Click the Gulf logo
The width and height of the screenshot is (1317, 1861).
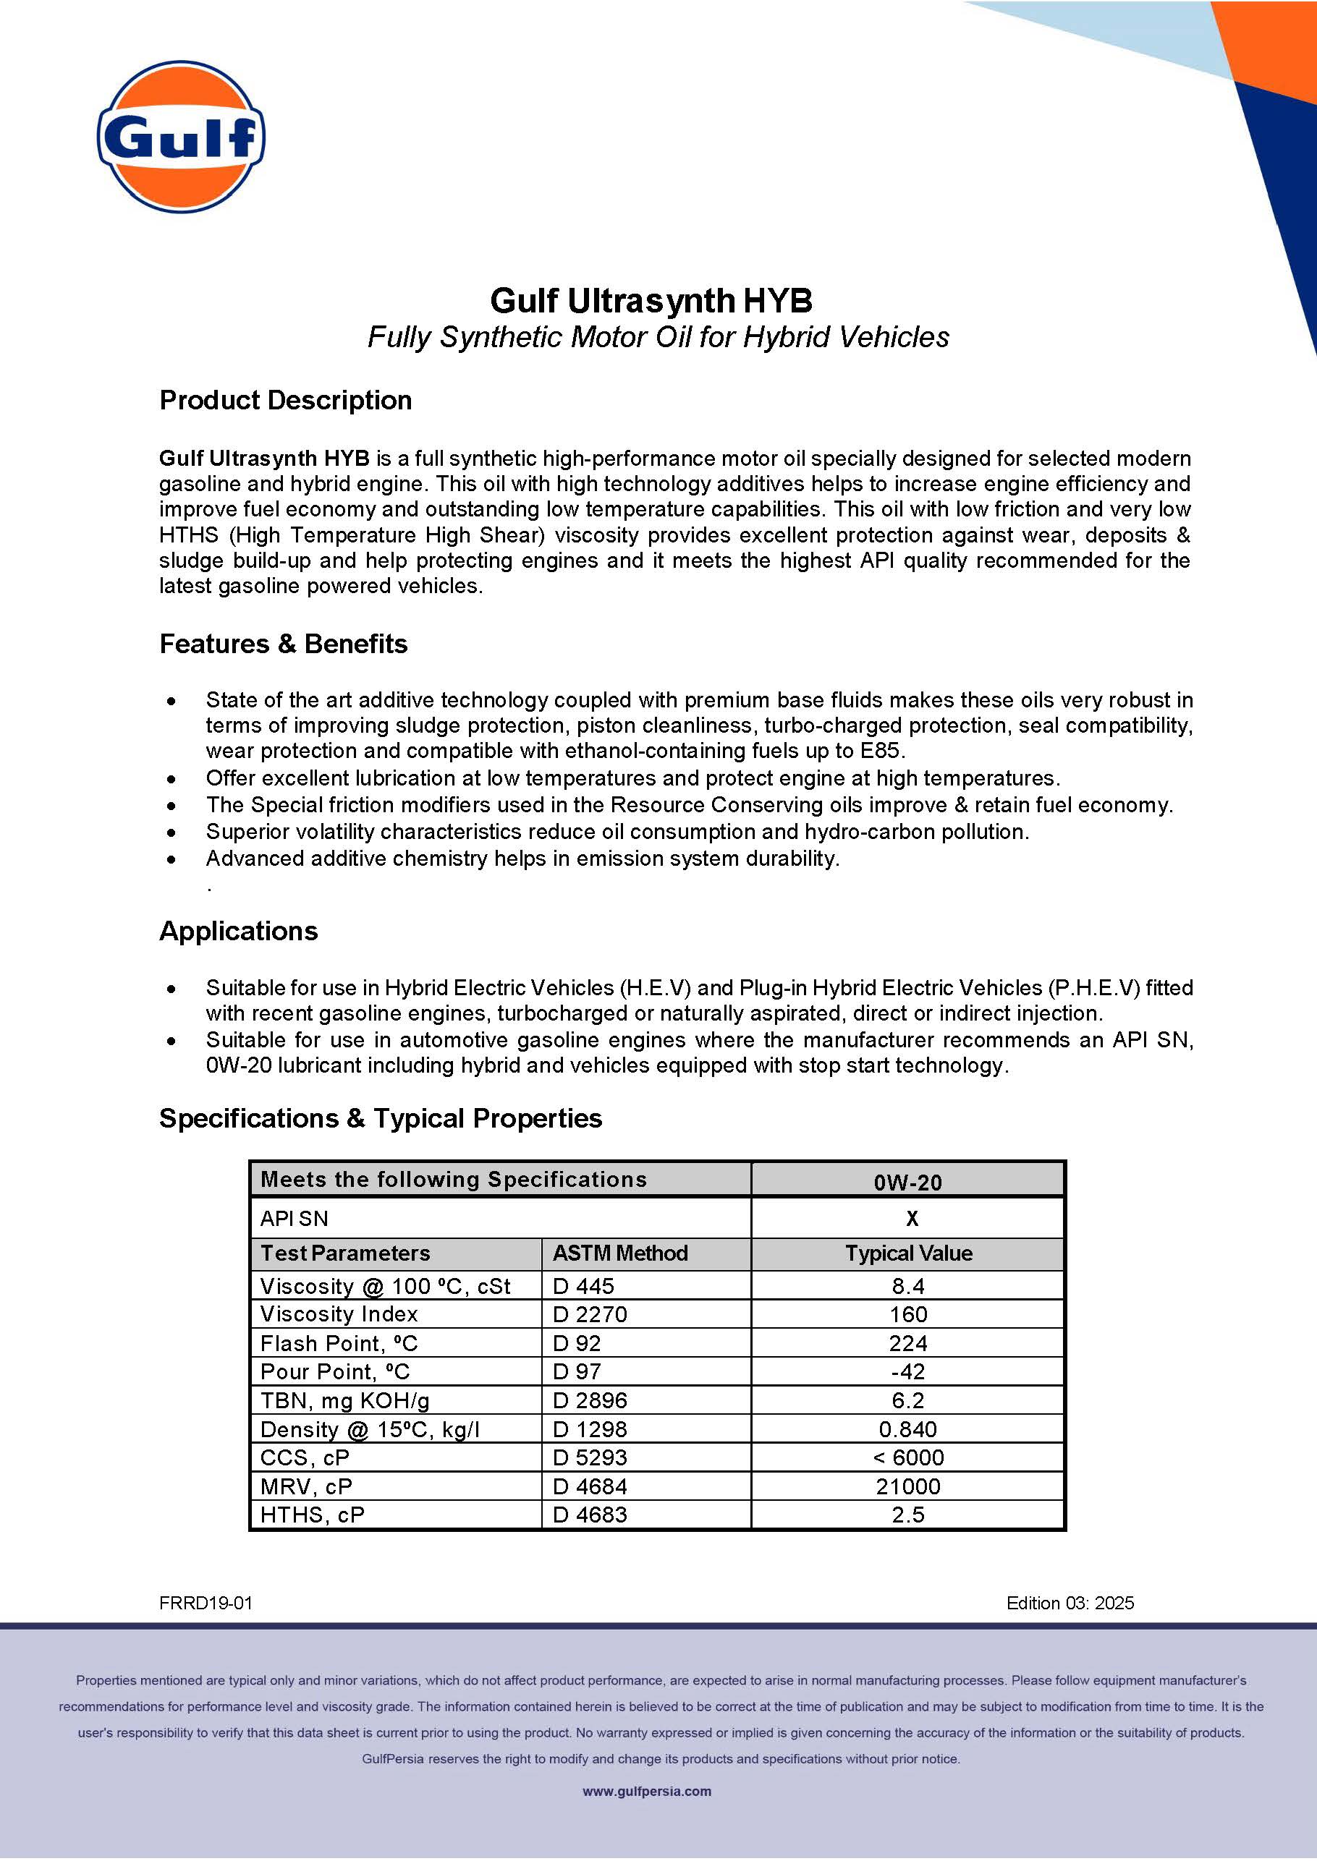(181, 137)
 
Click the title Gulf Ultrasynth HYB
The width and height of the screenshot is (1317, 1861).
(651, 301)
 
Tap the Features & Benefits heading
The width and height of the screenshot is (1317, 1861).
(283, 644)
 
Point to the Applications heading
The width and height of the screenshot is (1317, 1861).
(238, 930)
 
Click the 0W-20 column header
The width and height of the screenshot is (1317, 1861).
(907, 1182)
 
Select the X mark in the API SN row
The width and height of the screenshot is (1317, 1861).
(912, 1218)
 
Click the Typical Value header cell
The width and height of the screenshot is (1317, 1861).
(908, 1253)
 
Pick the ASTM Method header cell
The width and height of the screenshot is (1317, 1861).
(619, 1253)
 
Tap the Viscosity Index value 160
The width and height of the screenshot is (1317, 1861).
(907, 1315)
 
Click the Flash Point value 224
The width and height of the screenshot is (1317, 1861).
(907, 1344)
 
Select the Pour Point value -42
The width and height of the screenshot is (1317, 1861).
(907, 1372)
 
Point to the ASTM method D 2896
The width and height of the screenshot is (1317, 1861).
(590, 1400)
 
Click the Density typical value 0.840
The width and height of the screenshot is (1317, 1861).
(907, 1430)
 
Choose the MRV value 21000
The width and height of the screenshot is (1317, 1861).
(907, 1486)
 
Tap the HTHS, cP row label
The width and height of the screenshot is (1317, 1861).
(312, 1515)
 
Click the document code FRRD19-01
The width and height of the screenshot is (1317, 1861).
(206, 1604)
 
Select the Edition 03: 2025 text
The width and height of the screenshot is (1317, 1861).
(1070, 1604)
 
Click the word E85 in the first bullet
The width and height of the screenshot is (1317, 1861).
(880, 751)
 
